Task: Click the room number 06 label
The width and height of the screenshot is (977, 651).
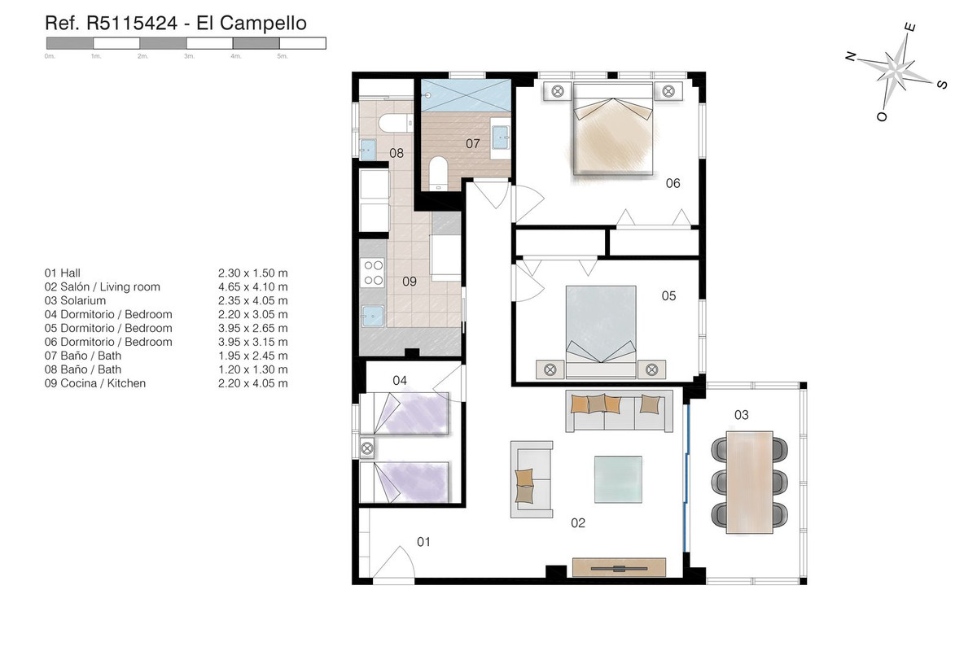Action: (673, 183)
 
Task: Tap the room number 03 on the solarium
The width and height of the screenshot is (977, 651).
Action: (742, 415)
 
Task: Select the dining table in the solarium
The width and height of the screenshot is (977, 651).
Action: (749, 483)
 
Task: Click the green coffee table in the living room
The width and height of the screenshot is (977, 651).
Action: (618, 479)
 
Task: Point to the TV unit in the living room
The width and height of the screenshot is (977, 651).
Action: (619, 567)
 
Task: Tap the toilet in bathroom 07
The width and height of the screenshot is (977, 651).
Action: (438, 173)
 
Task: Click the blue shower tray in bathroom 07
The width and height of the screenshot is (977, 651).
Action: (466, 95)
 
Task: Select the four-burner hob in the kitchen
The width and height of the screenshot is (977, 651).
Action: (374, 273)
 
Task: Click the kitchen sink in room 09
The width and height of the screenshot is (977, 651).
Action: (374, 317)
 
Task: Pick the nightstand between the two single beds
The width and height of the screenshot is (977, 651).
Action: (367, 448)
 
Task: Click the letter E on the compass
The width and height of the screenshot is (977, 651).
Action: (909, 28)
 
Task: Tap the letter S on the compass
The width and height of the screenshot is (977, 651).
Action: (942, 84)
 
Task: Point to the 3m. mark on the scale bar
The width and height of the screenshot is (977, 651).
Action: (189, 56)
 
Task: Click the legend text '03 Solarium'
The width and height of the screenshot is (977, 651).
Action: (75, 300)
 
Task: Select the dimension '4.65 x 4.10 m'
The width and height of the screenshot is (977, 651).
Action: (253, 286)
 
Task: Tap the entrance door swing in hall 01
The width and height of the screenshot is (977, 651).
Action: (393, 563)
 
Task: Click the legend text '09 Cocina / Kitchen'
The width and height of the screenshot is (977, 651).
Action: (95, 383)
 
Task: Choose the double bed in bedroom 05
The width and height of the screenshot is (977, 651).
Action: (601, 332)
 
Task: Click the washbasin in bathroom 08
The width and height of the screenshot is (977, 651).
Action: (369, 150)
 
